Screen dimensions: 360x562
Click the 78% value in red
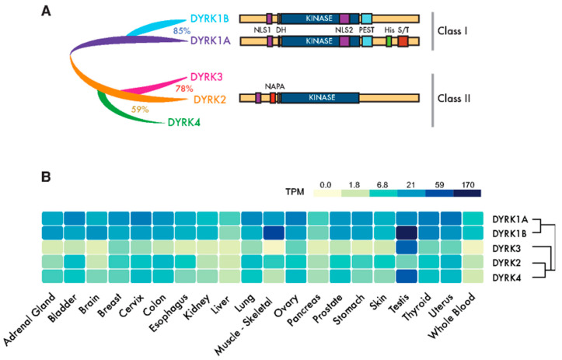(184, 89)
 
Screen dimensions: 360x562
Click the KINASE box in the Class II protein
(319, 99)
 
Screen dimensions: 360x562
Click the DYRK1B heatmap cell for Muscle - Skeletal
(274, 232)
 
